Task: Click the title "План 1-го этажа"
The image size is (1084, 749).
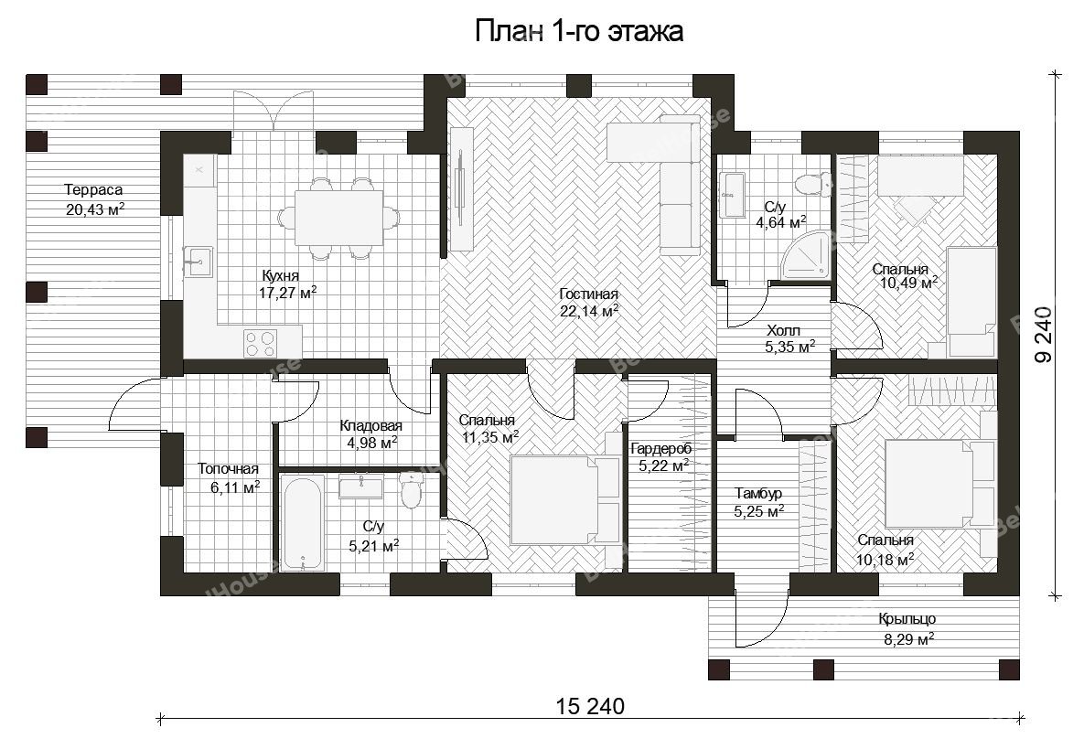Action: pyautogui.click(x=579, y=32)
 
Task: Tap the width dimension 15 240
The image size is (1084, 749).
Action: pyautogui.click(x=590, y=706)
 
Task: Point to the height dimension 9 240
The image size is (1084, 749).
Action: pyautogui.click(x=1043, y=334)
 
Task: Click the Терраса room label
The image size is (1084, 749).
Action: pyautogui.click(x=93, y=189)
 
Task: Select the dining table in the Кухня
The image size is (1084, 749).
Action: pyautogui.click(x=339, y=218)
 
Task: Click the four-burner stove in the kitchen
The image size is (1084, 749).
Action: pyautogui.click(x=261, y=343)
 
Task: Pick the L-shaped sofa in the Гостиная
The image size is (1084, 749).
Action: pyautogui.click(x=658, y=185)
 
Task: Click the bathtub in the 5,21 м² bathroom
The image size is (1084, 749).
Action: pyautogui.click(x=302, y=521)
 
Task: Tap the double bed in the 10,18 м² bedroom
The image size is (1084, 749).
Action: pyautogui.click(x=940, y=485)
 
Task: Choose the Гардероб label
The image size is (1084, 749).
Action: pyautogui.click(x=660, y=449)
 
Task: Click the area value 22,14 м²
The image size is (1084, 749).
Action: pyautogui.click(x=589, y=312)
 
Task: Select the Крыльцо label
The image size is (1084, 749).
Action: pyautogui.click(x=907, y=619)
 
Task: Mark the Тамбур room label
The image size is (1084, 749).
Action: pyautogui.click(x=758, y=493)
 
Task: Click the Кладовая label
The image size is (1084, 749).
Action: pyautogui.click(x=371, y=426)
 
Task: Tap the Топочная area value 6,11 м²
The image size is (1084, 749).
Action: pyautogui.click(x=235, y=487)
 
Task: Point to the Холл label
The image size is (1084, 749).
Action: pyautogui.click(x=783, y=331)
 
